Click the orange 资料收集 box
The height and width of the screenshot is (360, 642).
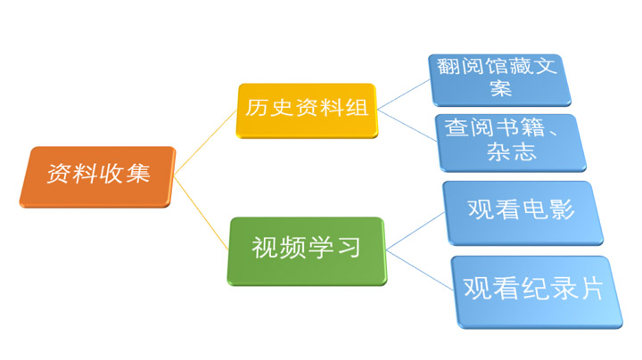97,176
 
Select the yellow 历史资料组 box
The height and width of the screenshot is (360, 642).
307,110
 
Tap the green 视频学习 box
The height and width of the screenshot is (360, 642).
307,251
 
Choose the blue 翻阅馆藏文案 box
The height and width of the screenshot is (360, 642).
499,80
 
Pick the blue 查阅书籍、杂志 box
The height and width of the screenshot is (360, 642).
510,143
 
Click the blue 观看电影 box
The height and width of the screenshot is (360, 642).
523,213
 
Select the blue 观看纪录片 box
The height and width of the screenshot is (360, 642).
537,292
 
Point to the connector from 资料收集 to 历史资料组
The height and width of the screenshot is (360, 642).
205,143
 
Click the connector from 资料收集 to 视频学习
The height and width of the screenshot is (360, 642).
201,213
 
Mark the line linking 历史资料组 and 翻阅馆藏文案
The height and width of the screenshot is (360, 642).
403,95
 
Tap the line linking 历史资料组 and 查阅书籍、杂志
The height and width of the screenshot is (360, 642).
407,126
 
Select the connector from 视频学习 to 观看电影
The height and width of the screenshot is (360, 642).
416,231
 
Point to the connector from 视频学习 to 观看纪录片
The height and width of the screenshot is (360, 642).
419,270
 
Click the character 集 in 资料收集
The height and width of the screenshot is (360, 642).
138,173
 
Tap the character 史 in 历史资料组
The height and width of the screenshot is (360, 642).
282,108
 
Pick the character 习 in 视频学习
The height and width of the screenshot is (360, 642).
350,247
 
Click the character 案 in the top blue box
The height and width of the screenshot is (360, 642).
501,87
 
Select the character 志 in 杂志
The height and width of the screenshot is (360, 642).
525,151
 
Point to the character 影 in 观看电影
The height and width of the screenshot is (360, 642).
563,209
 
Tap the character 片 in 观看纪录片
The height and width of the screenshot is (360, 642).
591,288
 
